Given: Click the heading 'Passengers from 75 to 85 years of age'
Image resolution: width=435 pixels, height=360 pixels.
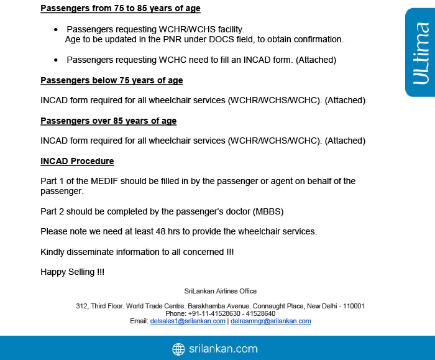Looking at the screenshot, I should point(121,9).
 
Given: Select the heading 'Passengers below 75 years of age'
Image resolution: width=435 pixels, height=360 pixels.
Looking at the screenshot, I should point(112,81).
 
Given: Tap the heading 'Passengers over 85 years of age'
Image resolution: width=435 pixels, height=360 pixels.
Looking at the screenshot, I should point(109,121).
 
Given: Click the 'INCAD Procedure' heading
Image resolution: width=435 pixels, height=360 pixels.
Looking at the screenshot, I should point(77,161).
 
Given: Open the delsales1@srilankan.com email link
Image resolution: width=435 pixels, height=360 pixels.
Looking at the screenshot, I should point(188,321).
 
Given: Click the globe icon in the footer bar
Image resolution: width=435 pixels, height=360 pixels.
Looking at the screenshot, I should point(179,349).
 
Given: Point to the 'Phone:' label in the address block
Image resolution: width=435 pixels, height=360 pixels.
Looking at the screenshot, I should point(176,313).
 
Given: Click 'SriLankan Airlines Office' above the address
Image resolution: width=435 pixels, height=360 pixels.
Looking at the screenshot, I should point(221,291).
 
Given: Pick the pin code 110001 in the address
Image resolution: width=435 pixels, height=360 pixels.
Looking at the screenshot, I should point(354,306).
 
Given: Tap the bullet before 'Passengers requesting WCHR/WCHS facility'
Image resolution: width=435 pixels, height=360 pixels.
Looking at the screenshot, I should point(56,30).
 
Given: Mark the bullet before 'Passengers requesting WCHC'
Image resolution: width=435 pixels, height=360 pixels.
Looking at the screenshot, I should point(56,60).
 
